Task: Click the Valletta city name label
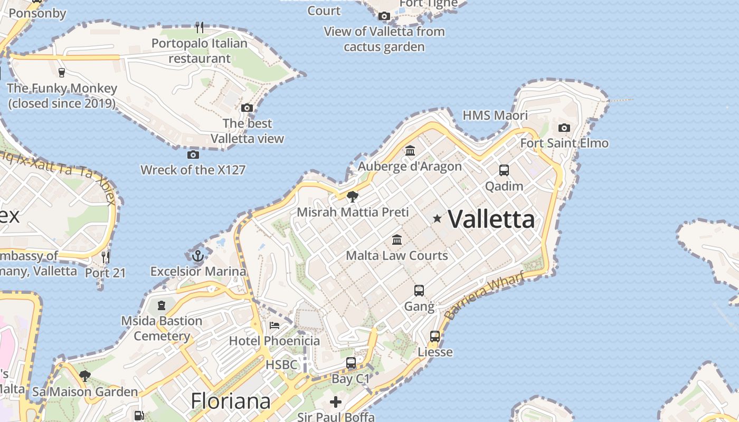pos(491,219)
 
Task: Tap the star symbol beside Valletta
pos(437,218)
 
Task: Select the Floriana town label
pos(231,401)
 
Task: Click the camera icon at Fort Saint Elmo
pos(564,128)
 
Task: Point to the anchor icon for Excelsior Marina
pos(198,256)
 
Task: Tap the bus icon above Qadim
pos(504,170)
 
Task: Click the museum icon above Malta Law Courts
pos(397,240)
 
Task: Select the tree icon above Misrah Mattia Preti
pos(353,197)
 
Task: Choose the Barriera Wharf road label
pos(484,295)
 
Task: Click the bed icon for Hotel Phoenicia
pos(274,325)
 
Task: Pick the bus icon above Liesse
pos(435,337)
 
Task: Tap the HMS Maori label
pos(495,116)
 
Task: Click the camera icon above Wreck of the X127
pos(193,155)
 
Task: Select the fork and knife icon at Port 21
pos(106,257)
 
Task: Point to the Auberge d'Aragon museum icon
pos(410,151)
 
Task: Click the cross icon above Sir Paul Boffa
pos(336,402)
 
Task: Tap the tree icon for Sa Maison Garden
pos(84,376)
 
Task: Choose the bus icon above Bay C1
pos(351,363)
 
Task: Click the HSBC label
pos(281,365)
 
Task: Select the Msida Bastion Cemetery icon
pos(162,305)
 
